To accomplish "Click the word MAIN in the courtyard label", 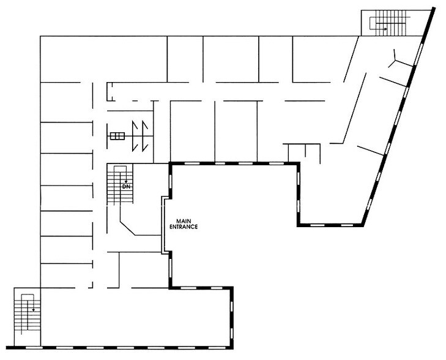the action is click(184, 221).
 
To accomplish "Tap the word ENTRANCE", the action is click(184, 227).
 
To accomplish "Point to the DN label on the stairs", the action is click(126, 187).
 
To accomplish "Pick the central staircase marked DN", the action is click(120, 184).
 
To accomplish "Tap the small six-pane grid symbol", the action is click(117, 136).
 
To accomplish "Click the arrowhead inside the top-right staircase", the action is click(385, 29).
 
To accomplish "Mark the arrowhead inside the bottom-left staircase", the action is click(33, 310).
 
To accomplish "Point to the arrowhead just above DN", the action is click(126, 182).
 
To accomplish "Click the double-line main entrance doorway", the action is click(163, 225).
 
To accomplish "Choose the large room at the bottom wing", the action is click(135, 317).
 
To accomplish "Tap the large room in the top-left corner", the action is click(103, 59).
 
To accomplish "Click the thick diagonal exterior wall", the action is click(398, 116).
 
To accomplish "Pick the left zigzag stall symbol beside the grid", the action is click(135, 136).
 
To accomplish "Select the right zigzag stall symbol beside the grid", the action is click(145, 136).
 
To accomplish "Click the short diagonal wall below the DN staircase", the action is click(127, 228).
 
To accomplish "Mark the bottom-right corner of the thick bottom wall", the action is click(232, 348).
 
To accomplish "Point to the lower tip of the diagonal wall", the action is click(363, 225).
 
